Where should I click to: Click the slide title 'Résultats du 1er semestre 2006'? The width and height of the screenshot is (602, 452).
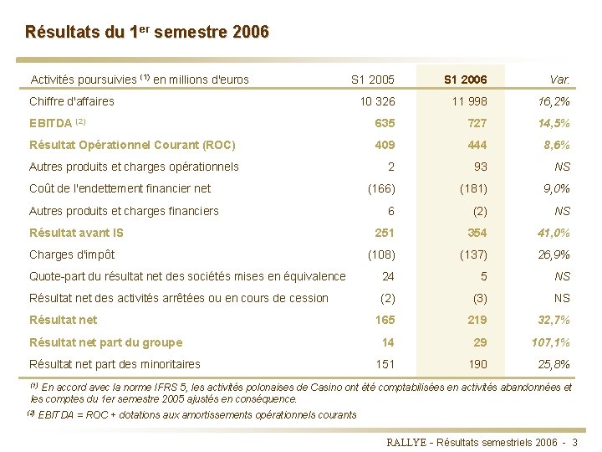147,33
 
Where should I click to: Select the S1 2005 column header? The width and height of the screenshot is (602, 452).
372,80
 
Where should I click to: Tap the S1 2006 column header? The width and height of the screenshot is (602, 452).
465,80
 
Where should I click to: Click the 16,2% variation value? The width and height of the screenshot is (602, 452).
554,102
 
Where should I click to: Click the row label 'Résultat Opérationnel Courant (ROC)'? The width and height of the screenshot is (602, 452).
132,145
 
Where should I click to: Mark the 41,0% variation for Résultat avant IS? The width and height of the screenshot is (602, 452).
554,233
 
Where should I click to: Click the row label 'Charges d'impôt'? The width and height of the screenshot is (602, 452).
72,254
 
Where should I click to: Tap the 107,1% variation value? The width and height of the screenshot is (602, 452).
551,342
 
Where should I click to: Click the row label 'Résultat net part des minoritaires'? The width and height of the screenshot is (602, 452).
115,364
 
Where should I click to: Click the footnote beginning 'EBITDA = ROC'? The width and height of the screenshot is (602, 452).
197,414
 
